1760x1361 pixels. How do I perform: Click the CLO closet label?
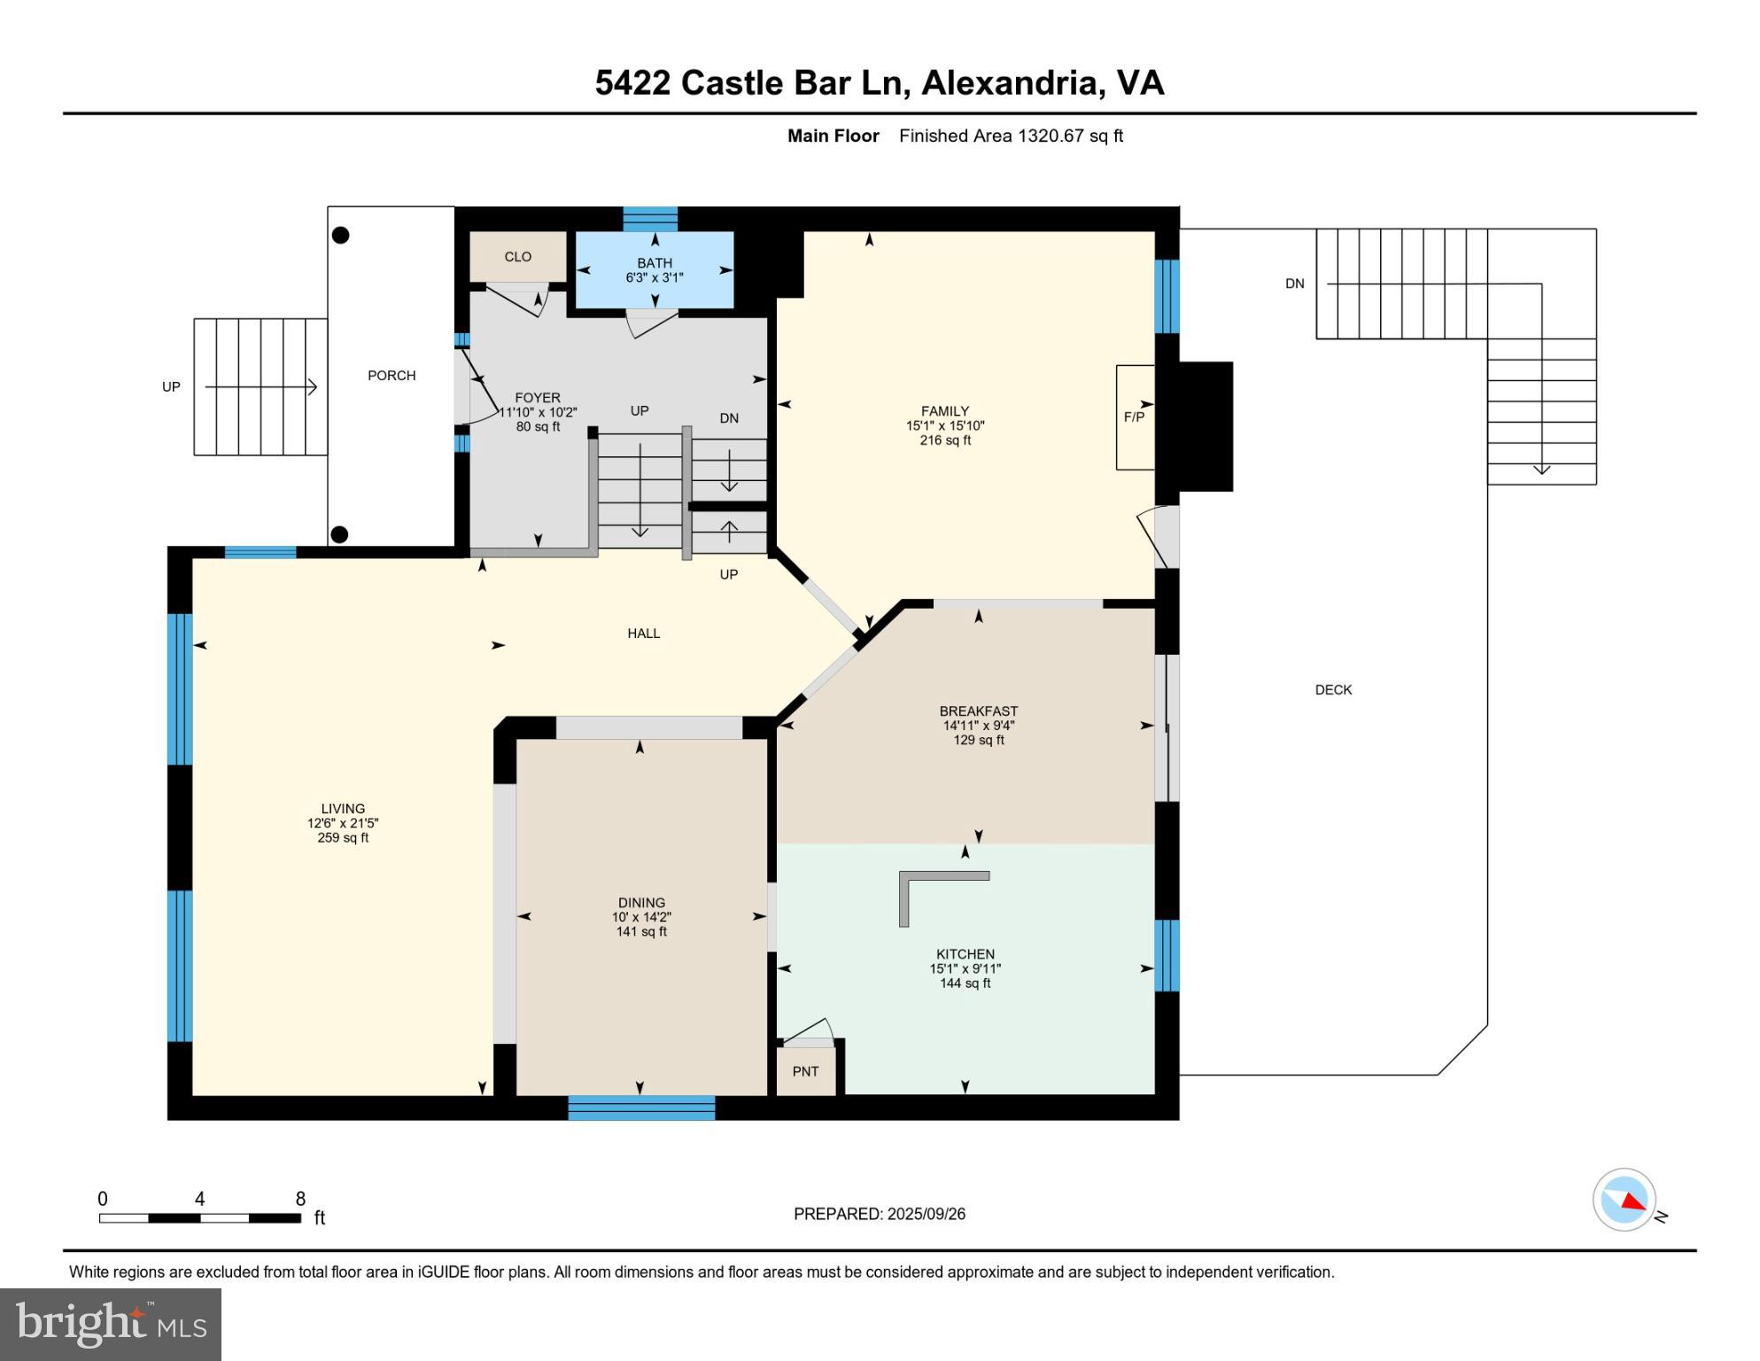click(517, 257)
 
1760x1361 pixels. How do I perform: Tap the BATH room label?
click(654, 263)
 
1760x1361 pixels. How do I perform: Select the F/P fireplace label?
click(1134, 416)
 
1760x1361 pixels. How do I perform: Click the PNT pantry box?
click(805, 1071)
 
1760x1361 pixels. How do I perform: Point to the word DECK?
click(1332, 690)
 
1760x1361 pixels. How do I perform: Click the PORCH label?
click(392, 376)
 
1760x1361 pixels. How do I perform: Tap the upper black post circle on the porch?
click(340, 235)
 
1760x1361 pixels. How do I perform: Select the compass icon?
click(1624, 1200)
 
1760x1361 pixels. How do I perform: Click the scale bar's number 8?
click(300, 1199)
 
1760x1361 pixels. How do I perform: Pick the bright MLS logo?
click(111, 1324)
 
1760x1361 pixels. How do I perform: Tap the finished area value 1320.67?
click(1051, 136)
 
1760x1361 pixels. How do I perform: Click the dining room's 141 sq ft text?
click(641, 932)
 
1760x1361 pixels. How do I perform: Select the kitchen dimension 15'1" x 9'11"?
click(965, 969)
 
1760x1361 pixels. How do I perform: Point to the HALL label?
click(643, 634)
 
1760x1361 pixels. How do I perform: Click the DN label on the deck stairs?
click(1294, 284)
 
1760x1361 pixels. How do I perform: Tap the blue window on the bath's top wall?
click(650, 218)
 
